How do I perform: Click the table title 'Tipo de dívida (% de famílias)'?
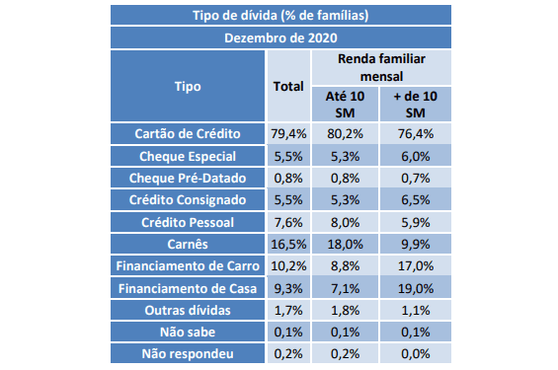pos(280,15)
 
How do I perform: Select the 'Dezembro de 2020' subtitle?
pos(280,38)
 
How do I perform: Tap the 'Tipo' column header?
pos(188,87)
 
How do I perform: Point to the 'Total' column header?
pos(288,87)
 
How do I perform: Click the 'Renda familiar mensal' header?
pos(381,67)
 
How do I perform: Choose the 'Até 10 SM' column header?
pos(345,105)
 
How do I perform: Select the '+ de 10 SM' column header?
pos(416,105)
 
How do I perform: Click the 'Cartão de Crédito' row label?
pos(188,133)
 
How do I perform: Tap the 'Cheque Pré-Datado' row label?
pos(188,178)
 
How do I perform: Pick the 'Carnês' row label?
pos(188,244)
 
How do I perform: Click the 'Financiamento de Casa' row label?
pos(188,288)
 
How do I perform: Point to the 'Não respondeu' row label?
pos(188,353)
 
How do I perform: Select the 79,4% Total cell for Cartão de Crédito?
pos(288,133)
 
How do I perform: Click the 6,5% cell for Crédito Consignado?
pos(416,199)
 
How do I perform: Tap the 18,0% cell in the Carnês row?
pos(345,244)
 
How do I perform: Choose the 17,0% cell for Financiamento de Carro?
pos(416,265)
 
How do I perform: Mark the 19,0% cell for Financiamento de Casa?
pos(416,288)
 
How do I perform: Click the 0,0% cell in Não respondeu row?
pos(416,353)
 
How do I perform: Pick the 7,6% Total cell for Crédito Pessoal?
pos(288,223)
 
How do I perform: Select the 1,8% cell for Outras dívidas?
pos(345,310)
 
